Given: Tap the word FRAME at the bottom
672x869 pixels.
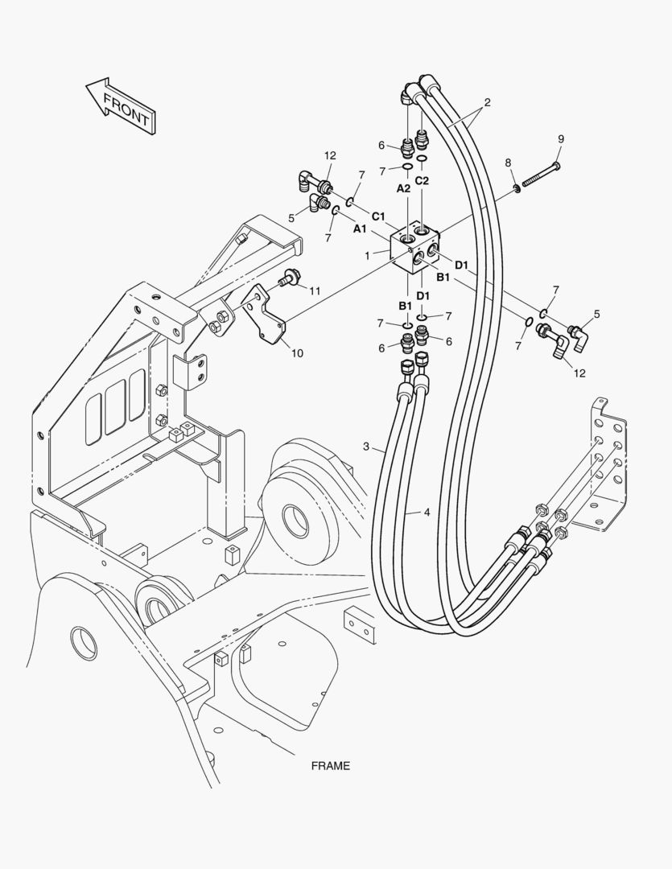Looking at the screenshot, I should tap(331, 765).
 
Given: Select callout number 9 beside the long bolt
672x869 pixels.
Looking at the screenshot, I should tap(560, 139).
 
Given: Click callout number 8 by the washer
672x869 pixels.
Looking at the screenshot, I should tap(508, 163).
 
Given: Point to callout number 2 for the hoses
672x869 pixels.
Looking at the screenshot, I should tap(487, 103).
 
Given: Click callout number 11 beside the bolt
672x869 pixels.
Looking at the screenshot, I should tap(315, 290).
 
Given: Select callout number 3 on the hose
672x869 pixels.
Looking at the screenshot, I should tap(366, 447).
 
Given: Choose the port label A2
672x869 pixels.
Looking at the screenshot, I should tap(403, 187).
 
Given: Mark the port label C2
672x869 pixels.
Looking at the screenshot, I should tap(423, 180).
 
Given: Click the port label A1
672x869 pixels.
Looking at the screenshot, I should tap(360, 229).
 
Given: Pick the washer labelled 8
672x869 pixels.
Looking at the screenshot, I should tap(515, 188).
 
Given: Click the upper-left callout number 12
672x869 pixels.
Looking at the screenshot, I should tap(329, 155).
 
